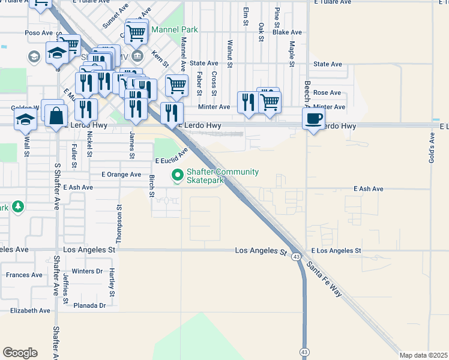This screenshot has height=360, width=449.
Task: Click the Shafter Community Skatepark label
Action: tap(223, 176)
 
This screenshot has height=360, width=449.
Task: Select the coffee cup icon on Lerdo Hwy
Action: tap(315, 119)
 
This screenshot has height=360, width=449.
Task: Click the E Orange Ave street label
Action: tap(121, 175)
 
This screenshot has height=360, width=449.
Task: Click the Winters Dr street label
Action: tap(87, 271)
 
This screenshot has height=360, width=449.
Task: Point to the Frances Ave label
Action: tap(24, 275)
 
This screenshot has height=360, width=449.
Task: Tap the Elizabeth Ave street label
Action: tap(30, 311)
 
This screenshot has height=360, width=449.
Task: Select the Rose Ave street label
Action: tap(327, 93)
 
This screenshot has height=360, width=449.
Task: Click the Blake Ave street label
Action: tap(287, 32)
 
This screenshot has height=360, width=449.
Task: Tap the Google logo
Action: tap(20, 353)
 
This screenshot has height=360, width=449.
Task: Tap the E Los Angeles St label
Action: tap(336, 250)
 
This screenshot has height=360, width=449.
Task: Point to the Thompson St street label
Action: tap(119, 223)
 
